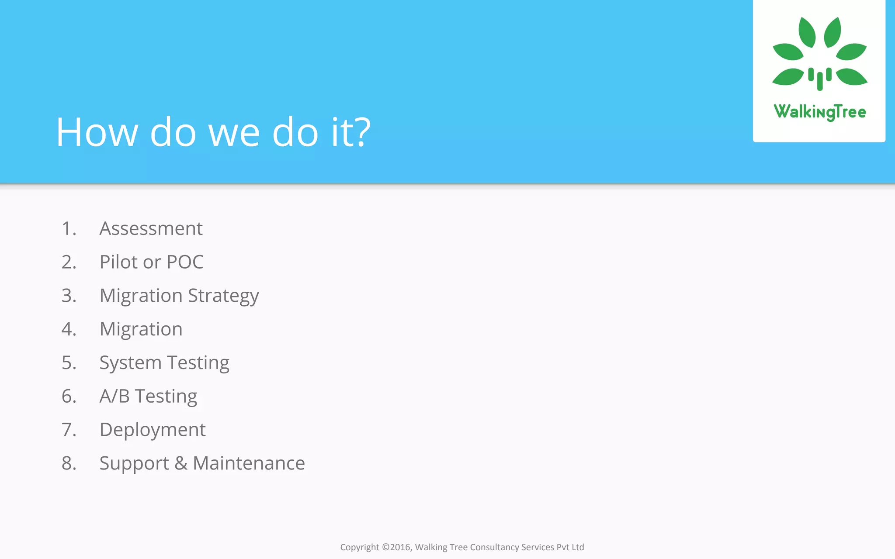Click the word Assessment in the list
[x=151, y=228]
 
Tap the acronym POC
[x=185, y=262]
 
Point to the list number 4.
[x=69, y=329]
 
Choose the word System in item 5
[x=130, y=363]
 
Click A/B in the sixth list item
[x=114, y=396]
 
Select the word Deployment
[x=153, y=430]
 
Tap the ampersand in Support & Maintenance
[x=181, y=463]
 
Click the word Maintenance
[x=249, y=463]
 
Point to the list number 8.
[x=69, y=463]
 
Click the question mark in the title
[x=363, y=132]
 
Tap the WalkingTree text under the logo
[x=819, y=112]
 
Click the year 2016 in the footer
[x=400, y=547]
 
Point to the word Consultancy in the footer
[x=494, y=547]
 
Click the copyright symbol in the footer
[x=385, y=547]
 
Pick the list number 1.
[x=69, y=228]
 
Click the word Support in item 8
[x=134, y=463]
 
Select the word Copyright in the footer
[x=359, y=547]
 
